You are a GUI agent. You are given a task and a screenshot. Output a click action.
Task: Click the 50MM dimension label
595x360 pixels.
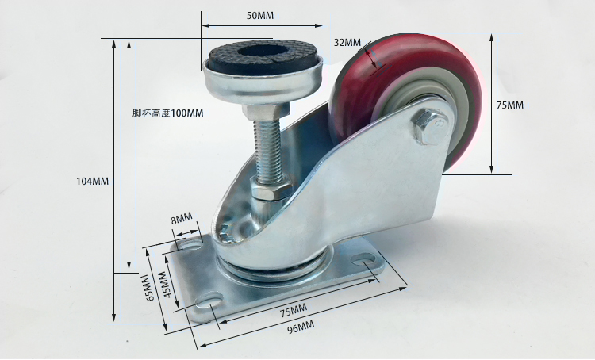(260, 16)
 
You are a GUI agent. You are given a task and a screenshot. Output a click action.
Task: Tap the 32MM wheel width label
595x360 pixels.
(347, 42)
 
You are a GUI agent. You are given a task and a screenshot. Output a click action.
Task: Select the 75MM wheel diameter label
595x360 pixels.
(510, 105)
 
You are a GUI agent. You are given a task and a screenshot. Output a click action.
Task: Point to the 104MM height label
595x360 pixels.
(93, 182)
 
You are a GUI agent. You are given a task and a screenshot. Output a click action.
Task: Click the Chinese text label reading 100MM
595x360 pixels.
(167, 113)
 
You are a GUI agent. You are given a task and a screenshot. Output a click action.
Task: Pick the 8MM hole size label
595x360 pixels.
(182, 219)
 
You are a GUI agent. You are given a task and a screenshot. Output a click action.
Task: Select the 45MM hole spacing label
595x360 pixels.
(163, 285)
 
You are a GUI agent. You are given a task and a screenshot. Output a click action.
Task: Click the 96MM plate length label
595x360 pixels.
(301, 327)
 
